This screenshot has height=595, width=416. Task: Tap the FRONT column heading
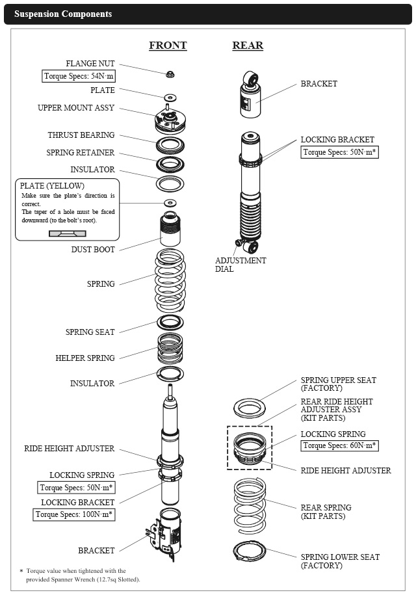click(168, 46)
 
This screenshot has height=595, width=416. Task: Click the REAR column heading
click(248, 46)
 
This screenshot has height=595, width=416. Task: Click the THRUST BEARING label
click(81, 135)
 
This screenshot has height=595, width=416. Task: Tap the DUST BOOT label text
click(94, 249)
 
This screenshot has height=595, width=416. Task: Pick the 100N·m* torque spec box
click(75, 514)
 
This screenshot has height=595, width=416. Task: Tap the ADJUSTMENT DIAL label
click(240, 265)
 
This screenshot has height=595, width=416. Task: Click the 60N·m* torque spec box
click(339, 445)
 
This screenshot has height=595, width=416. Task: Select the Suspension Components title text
click(63, 14)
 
